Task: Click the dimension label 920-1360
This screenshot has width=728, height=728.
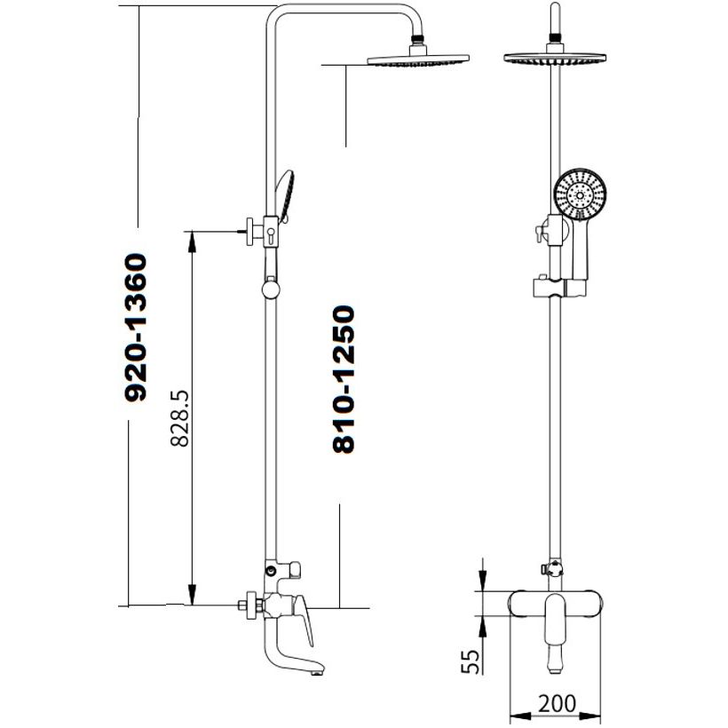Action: tap(136, 328)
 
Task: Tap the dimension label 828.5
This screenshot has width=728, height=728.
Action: tap(179, 418)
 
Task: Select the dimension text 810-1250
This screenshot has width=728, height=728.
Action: tap(344, 379)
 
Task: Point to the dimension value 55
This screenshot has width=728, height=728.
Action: tap(470, 661)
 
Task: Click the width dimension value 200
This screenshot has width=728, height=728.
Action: tap(557, 703)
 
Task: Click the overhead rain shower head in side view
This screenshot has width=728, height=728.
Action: tap(418, 59)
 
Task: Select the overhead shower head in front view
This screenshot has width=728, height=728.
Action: tap(555, 58)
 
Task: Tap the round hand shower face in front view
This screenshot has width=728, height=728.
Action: tap(581, 194)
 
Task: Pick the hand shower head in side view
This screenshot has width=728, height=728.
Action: tap(285, 195)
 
